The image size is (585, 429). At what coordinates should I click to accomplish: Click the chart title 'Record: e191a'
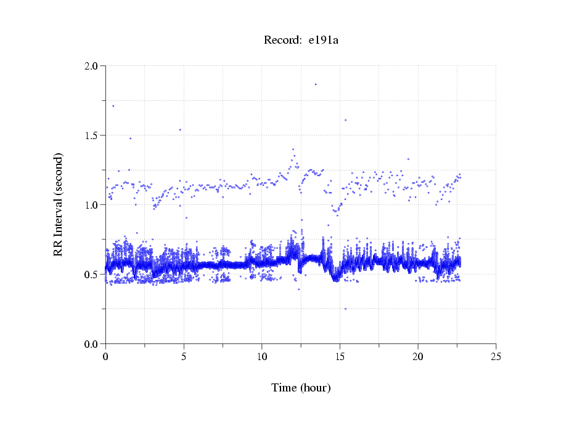point(301,41)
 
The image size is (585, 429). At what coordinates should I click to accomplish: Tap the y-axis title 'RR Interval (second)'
point(58,204)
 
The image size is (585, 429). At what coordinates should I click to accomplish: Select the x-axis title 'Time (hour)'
point(301,388)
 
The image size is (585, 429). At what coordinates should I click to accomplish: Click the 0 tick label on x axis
point(106,356)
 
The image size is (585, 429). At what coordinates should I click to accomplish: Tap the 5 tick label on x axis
point(184,356)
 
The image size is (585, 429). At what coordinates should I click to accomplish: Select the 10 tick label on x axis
point(262,356)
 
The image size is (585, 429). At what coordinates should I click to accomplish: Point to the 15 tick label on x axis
point(340,356)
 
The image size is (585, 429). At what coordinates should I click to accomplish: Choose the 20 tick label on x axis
point(418,356)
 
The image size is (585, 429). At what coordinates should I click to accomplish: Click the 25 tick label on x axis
point(496,356)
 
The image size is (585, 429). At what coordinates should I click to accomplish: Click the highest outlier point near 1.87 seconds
point(316,84)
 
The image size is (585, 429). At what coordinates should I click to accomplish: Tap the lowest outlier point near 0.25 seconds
point(345,308)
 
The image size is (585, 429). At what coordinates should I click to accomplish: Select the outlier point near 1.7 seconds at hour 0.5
point(113,106)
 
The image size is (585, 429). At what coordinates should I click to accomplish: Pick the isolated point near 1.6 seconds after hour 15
point(345,120)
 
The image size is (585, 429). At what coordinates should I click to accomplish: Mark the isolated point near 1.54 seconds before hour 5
point(180,130)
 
